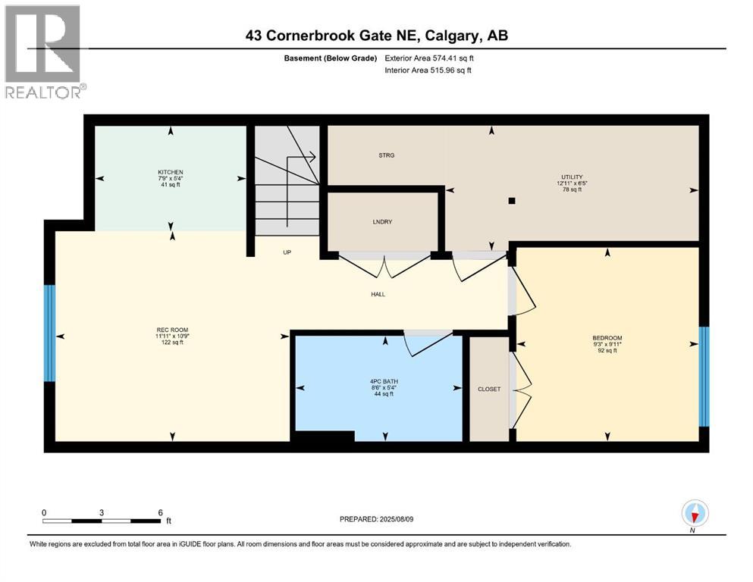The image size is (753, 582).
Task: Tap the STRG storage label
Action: pos(387,155)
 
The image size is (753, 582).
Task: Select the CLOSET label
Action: pos(489,389)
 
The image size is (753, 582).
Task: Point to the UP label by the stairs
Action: pos(287,252)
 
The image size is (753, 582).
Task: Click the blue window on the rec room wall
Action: pos(50,333)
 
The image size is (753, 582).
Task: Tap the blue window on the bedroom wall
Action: pos(703,377)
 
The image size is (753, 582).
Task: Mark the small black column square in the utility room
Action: pos(513,202)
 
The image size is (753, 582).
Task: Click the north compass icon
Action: pos(695,514)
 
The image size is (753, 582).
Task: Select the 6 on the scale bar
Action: pos(160,512)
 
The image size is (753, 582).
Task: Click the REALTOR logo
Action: pos(43,52)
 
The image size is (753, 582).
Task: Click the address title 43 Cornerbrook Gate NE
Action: pos(376,35)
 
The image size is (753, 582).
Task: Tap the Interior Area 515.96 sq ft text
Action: pos(428,70)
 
